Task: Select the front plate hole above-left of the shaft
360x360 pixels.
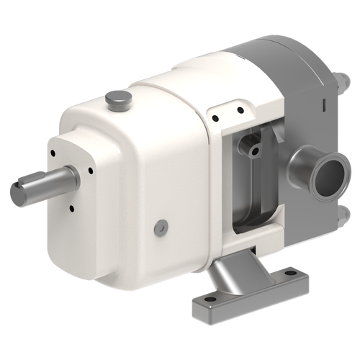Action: tap(54, 153)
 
